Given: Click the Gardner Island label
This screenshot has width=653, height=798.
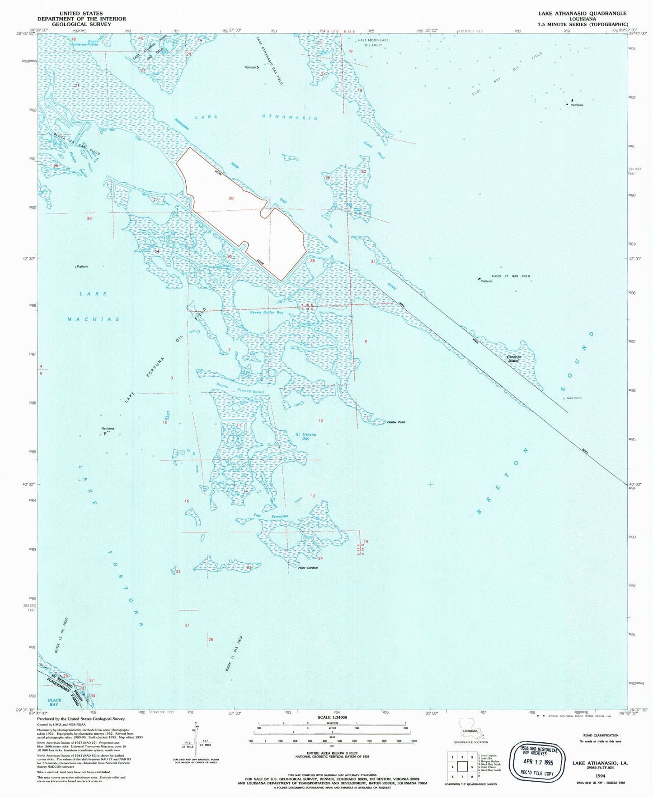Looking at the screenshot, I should point(514,359).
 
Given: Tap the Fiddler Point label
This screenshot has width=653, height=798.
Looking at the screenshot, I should point(396,422).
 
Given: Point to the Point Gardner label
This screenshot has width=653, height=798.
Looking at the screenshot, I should point(308,568).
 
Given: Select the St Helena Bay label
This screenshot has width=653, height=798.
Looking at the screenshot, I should point(306,436).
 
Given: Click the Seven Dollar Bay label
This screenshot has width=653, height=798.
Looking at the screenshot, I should point(267,312).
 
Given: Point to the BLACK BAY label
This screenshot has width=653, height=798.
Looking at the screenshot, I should point(54,702).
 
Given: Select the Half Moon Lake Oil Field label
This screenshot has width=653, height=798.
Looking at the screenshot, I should point(373,43).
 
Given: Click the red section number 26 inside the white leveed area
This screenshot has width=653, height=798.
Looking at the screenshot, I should point(231,199).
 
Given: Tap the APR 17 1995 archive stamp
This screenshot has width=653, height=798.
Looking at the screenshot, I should point(537,762).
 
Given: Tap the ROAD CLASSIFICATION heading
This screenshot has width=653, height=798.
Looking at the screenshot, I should point(600,735).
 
